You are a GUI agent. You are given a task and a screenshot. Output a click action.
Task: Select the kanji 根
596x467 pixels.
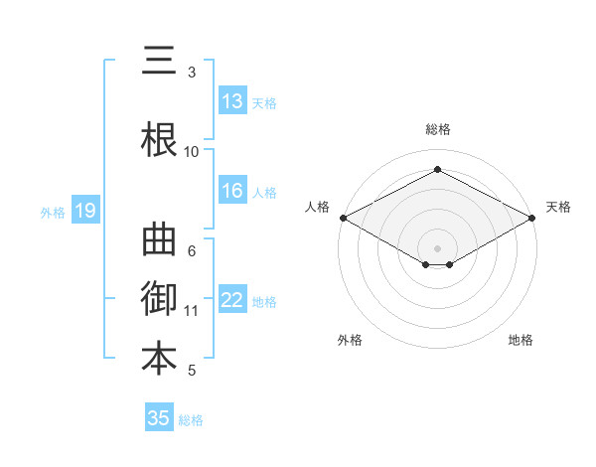pyautogui.click(x=158, y=138)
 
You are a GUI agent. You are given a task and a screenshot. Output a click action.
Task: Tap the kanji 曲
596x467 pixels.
pyautogui.click(x=158, y=240)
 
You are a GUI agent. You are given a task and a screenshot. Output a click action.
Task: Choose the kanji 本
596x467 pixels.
pyautogui.click(x=158, y=359)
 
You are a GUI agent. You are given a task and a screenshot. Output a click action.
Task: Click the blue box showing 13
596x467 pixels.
pyautogui.click(x=232, y=101)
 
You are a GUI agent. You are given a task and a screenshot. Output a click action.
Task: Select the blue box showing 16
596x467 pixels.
pyautogui.click(x=232, y=191)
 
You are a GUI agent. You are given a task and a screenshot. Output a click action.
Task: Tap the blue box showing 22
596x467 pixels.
pyautogui.click(x=232, y=300)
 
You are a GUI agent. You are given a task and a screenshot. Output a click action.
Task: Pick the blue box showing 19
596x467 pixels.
pyautogui.click(x=85, y=210)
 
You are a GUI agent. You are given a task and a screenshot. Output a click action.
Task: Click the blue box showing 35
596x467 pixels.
pyautogui.click(x=159, y=418)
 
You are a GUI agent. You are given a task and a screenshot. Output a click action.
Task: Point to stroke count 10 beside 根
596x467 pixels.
pyautogui.click(x=192, y=151)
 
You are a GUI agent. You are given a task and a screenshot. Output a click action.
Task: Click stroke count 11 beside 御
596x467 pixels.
pyautogui.click(x=192, y=310)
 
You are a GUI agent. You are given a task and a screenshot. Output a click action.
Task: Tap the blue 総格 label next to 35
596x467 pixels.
pyautogui.click(x=191, y=420)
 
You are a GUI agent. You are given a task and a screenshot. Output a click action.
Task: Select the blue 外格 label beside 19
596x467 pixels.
pyautogui.click(x=53, y=212)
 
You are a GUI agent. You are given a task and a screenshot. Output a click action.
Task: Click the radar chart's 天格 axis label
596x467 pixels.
pyautogui.click(x=558, y=207)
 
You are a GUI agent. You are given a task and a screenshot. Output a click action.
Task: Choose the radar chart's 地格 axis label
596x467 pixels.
pyautogui.click(x=521, y=340)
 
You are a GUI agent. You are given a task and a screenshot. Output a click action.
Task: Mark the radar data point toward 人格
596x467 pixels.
pyautogui.click(x=343, y=218)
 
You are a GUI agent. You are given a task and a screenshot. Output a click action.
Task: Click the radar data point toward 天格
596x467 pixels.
pyautogui.click(x=533, y=218)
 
